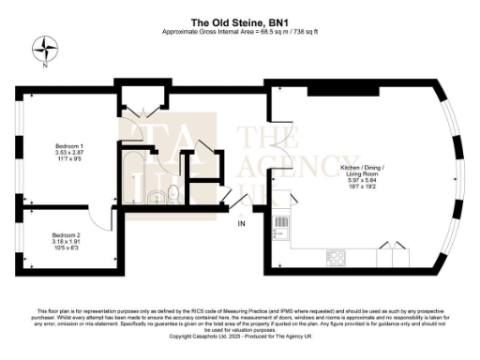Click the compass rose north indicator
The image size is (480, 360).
click(43, 47)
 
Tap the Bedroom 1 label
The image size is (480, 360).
click(68, 147)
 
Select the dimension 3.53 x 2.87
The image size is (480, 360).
click(68, 155)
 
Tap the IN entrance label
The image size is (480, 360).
click(241, 224)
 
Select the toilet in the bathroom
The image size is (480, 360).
click(173, 195)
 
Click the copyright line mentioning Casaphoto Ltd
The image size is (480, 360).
click(239, 335)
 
